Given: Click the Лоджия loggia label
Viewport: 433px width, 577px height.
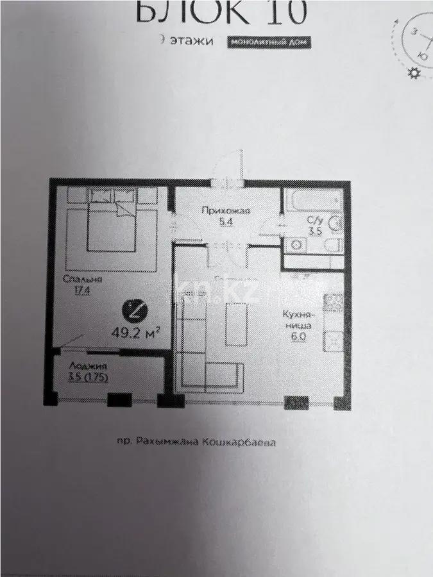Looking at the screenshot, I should coord(83,367).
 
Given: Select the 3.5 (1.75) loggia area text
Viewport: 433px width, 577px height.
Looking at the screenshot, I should coord(87,378).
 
